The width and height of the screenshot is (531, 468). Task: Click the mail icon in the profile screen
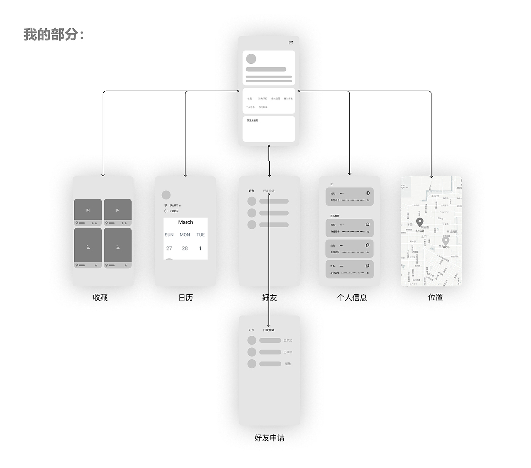point(291,43)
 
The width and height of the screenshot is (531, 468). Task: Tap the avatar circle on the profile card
point(251,59)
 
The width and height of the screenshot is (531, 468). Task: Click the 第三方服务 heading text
point(252,121)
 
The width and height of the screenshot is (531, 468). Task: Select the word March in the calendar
point(185,222)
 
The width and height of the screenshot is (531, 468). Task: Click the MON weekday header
point(185,235)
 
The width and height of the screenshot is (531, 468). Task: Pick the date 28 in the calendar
point(185,248)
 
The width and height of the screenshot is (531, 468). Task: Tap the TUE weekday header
point(200,235)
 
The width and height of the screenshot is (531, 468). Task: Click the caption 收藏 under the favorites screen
point(100,297)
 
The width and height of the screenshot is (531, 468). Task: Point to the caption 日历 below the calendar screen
point(185,297)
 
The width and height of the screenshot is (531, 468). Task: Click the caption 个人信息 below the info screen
point(352,297)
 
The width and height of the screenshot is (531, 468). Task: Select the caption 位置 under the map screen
point(435,297)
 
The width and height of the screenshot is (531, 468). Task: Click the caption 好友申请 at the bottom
point(269,438)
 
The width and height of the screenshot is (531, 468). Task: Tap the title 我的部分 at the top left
point(54,34)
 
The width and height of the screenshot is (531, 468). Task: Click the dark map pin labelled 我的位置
point(419,222)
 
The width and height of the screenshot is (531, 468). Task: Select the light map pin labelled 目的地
point(446,240)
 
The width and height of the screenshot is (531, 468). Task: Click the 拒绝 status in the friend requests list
point(288,364)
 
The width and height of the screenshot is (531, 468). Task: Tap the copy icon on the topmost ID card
point(368,193)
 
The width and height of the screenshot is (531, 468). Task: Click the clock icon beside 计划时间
point(166,211)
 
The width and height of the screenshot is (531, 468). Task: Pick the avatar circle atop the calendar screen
point(166,195)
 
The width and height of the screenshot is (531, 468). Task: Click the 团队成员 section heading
point(334,216)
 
